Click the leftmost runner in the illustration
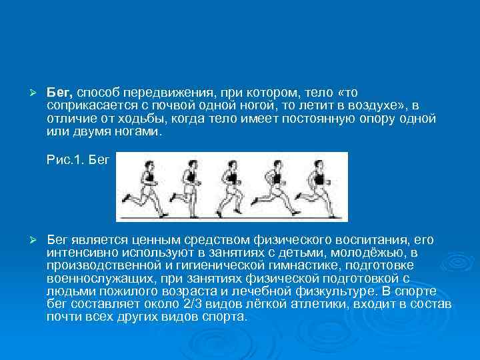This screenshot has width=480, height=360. click(144, 183)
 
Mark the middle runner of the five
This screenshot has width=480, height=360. click(231, 183)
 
